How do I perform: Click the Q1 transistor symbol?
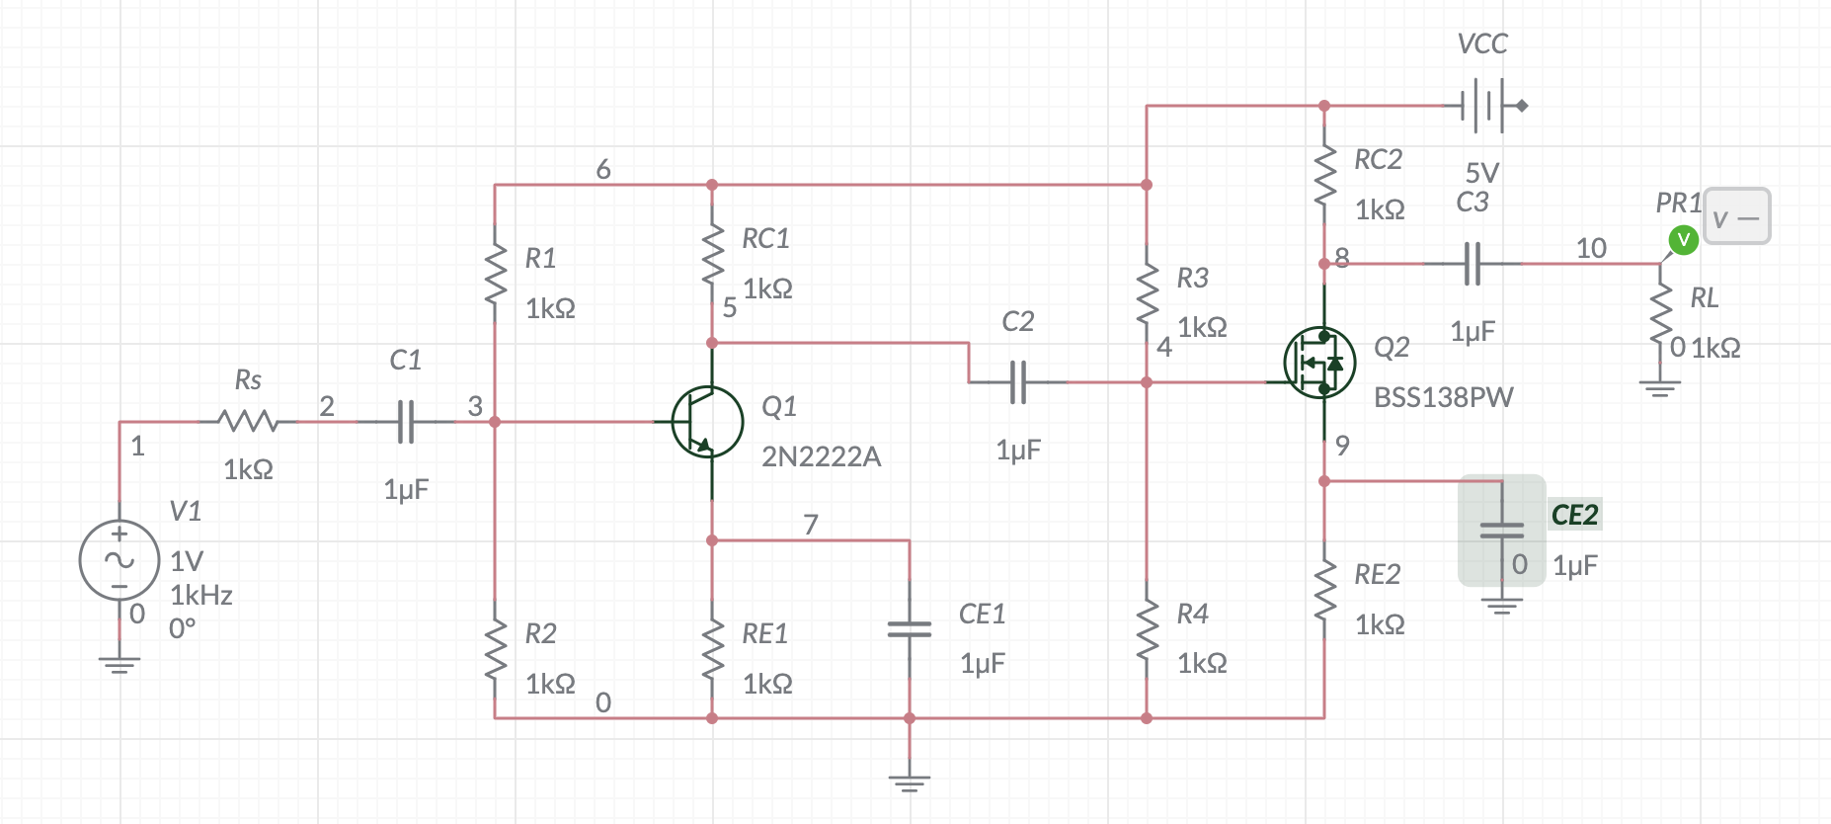click(x=707, y=422)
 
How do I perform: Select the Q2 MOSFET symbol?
click(x=1319, y=363)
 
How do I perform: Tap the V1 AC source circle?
click(x=119, y=560)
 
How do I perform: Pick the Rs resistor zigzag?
click(x=248, y=422)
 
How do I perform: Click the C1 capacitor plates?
click(x=405, y=422)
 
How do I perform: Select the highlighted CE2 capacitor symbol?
click(x=1501, y=531)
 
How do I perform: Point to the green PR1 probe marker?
click(x=1683, y=239)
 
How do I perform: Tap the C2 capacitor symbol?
click(x=1018, y=382)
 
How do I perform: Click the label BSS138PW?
click(x=1443, y=397)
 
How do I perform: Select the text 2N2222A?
click(x=821, y=456)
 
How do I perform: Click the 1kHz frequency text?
click(x=201, y=595)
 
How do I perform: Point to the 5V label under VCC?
click(x=1481, y=173)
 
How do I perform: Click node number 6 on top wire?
click(x=603, y=170)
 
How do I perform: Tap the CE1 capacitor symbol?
click(x=909, y=628)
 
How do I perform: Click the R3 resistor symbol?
click(x=1147, y=293)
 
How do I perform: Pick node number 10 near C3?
click(x=1590, y=248)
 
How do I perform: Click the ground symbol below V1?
click(x=119, y=664)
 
